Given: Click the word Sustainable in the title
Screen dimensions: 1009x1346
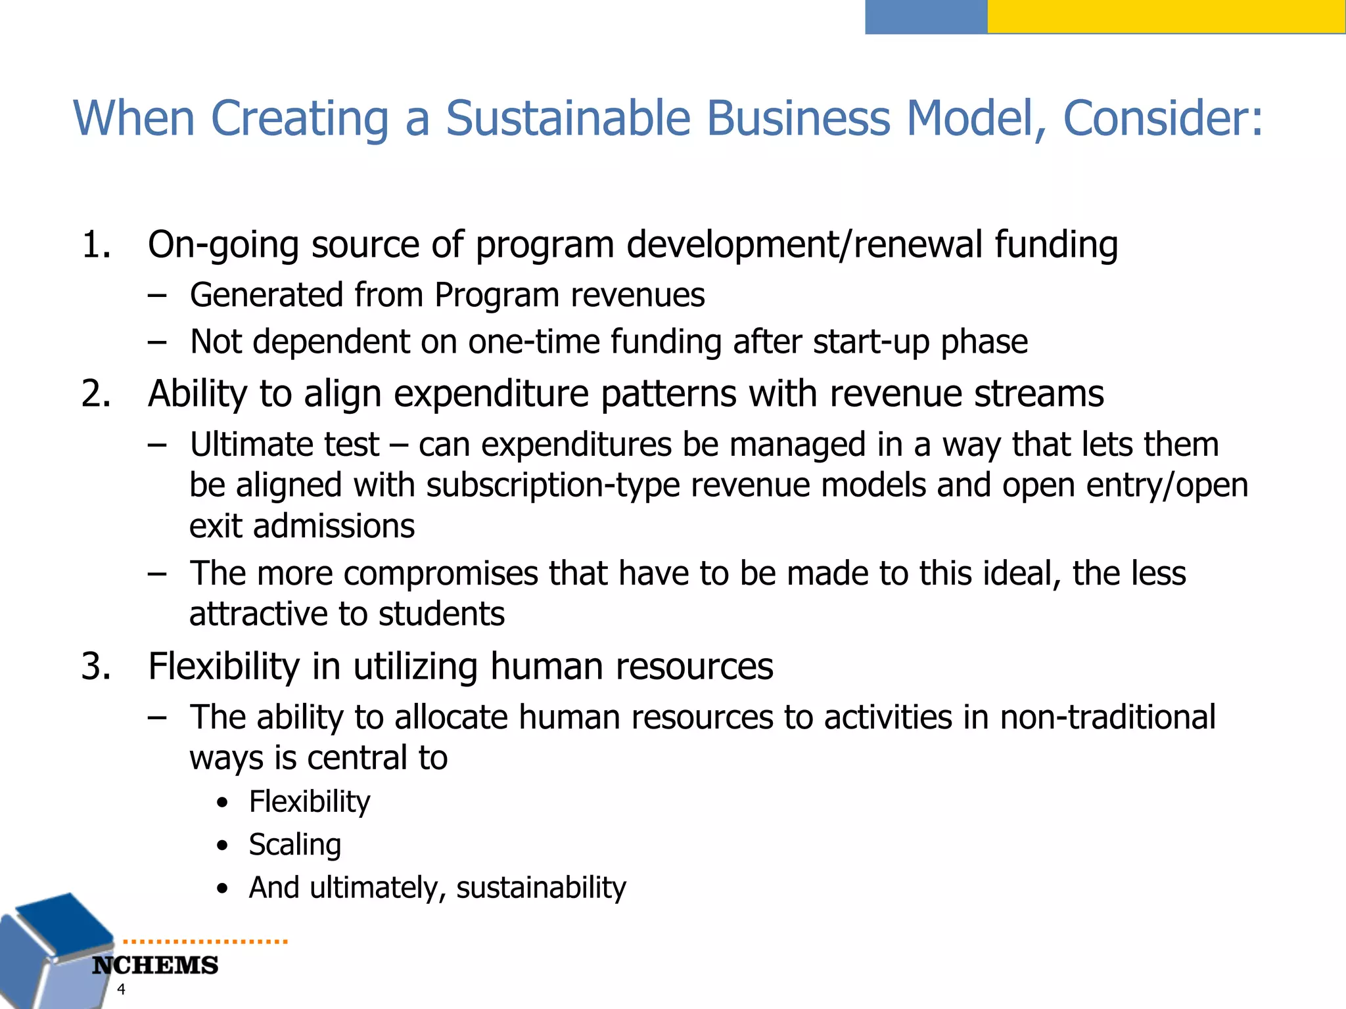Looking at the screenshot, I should point(568,119).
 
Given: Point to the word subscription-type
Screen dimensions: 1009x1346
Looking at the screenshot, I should point(553,485).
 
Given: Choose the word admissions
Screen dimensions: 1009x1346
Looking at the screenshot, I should point(334,526).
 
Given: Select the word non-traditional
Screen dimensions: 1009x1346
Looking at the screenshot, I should point(1107,717).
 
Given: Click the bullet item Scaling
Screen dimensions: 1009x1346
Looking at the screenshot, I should point(294,845).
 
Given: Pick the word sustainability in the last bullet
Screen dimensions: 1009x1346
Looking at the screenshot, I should point(541,888).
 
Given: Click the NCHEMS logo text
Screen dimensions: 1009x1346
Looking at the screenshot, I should point(155,966).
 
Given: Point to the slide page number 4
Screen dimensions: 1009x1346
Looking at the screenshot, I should point(121,989).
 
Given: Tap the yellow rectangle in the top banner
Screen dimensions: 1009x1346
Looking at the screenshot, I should point(1166,16).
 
